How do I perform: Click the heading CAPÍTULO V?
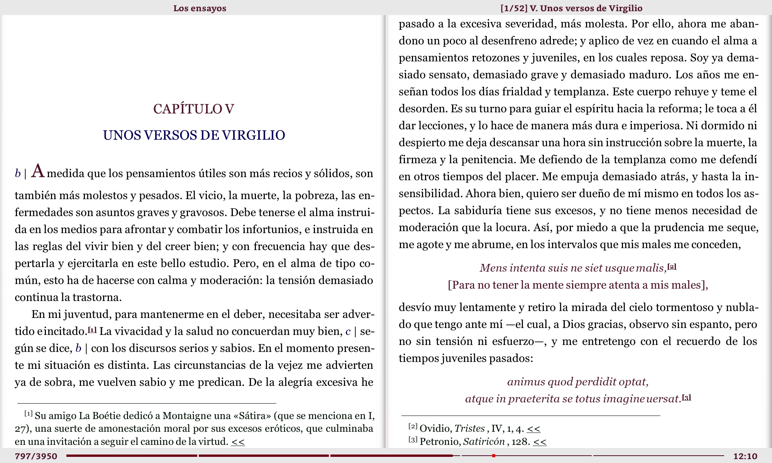pyautogui.click(x=194, y=109)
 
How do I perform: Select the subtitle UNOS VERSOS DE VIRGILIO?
pyautogui.click(x=194, y=135)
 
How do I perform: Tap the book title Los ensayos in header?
pyautogui.click(x=200, y=8)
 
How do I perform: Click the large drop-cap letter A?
pyautogui.click(x=38, y=171)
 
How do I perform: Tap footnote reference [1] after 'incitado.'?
pyautogui.click(x=92, y=330)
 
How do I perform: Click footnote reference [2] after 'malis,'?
pyautogui.click(x=672, y=267)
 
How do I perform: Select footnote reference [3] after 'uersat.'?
pyautogui.click(x=687, y=397)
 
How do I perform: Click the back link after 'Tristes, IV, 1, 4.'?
pyautogui.click(x=533, y=429)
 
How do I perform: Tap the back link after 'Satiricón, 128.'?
pyautogui.click(x=540, y=442)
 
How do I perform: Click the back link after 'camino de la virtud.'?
pyautogui.click(x=238, y=442)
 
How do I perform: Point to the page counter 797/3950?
pyautogui.click(x=36, y=456)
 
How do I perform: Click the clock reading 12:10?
pyautogui.click(x=745, y=456)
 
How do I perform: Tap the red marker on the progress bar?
pyautogui.click(x=494, y=456)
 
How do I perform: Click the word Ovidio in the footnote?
pyautogui.click(x=435, y=429)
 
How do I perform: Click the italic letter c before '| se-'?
pyautogui.click(x=348, y=331)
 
